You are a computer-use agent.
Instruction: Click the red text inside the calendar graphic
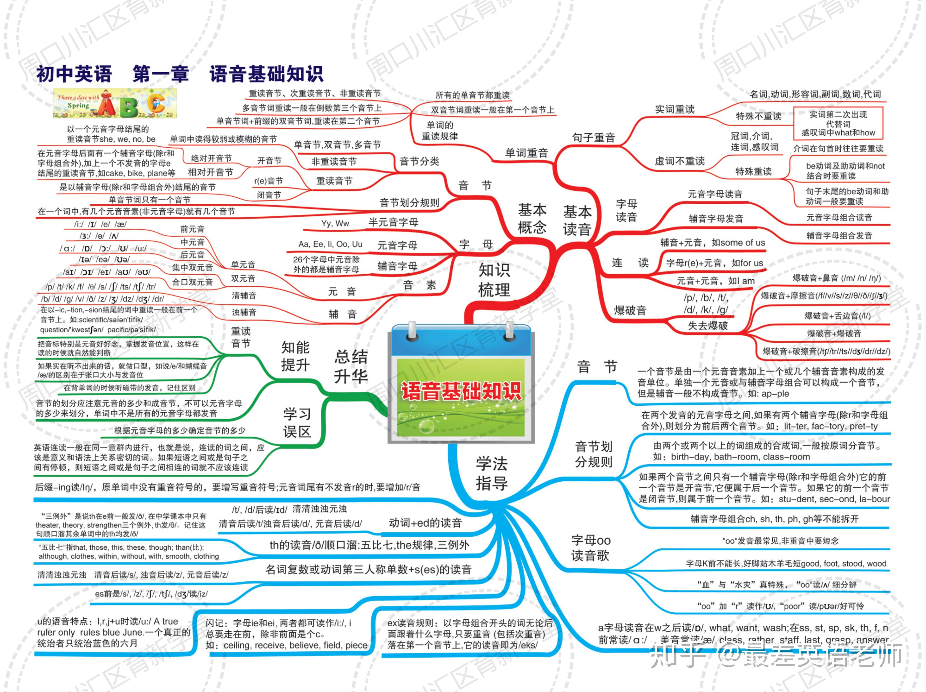pyautogui.click(x=461, y=391)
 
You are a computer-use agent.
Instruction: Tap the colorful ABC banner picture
pyautogui.click(x=115, y=103)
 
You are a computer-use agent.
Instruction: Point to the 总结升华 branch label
pyautogui.click(x=351, y=367)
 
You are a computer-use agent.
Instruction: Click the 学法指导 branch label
pyautogui.click(x=492, y=473)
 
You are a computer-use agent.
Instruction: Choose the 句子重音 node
pyautogui.click(x=594, y=137)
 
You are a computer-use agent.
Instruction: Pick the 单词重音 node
pyautogui.click(x=526, y=153)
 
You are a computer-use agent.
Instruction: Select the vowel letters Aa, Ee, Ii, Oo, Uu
pyautogui.click(x=330, y=244)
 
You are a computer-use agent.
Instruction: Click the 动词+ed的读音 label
pyautogui.click(x=425, y=523)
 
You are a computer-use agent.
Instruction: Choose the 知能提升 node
pyautogui.click(x=295, y=356)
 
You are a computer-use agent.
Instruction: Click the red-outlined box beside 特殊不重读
pyautogui.click(x=838, y=123)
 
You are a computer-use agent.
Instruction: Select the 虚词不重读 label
pyautogui.click(x=680, y=161)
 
